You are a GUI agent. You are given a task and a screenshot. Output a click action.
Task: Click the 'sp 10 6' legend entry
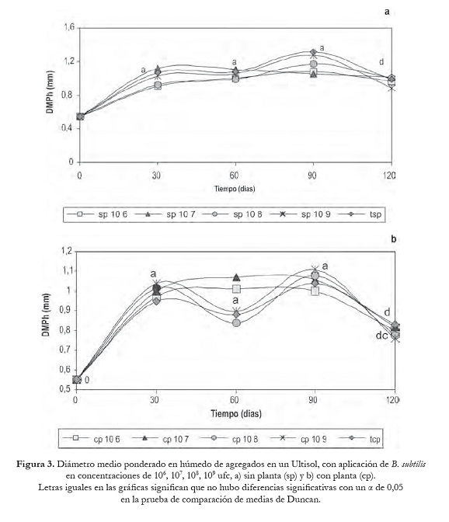97,214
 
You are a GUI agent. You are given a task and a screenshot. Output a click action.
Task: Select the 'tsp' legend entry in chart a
360,214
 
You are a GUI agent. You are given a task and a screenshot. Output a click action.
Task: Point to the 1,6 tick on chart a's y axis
70,27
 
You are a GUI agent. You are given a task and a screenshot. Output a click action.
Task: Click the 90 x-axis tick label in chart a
312,175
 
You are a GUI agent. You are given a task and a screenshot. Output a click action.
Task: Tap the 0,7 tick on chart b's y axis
65,350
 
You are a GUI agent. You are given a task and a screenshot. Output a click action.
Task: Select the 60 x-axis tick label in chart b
235,400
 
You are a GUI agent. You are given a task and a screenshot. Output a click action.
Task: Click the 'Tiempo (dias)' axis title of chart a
235,189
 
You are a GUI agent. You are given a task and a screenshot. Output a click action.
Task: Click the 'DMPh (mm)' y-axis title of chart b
46,315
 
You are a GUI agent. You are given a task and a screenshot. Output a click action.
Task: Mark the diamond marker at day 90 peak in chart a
313,52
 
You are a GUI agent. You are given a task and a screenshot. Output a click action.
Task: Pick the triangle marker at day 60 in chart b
236,277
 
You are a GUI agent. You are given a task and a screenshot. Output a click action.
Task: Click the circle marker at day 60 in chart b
236,322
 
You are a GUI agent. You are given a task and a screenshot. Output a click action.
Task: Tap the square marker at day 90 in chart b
315,291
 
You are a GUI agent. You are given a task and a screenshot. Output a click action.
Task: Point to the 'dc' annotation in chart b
381,336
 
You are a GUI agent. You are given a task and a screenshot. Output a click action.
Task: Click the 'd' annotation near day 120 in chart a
381,62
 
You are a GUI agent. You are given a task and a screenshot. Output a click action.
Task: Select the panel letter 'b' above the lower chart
393,239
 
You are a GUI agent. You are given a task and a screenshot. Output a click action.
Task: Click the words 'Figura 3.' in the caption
36,464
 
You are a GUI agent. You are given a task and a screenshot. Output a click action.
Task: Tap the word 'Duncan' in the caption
303,499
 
